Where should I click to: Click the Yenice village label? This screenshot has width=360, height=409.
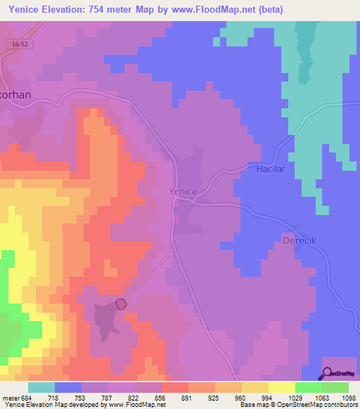(183, 191)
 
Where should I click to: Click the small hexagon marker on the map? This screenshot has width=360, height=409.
(121, 304)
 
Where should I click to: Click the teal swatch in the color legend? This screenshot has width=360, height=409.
(41, 387)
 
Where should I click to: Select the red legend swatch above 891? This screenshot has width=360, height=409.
(175, 387)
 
